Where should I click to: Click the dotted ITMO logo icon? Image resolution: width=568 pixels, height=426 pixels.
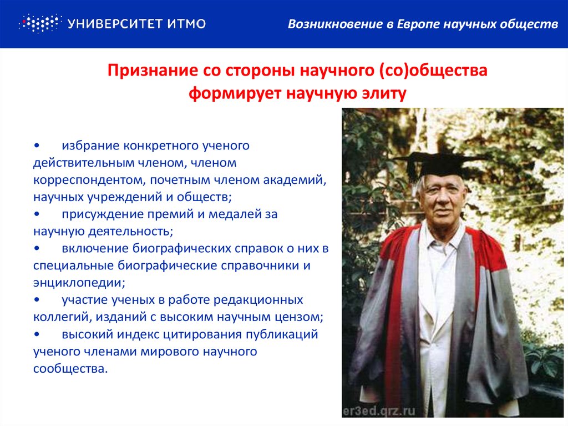[x=40, y=23]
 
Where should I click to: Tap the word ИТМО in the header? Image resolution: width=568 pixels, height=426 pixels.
[x=186, y=24]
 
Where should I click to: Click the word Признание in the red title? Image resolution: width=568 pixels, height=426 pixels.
[x=153, y=71]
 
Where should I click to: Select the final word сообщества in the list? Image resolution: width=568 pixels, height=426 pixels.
[x=70, y=369]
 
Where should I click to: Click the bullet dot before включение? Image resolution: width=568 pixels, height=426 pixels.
[x=37, y=249]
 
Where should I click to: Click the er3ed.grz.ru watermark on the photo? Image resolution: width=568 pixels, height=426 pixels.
[x=379, y=411]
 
